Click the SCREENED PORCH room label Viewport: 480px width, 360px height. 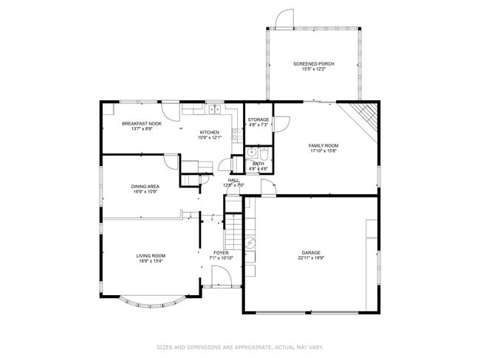313,64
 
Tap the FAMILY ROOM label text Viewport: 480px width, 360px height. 322,145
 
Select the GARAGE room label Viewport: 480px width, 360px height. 310,252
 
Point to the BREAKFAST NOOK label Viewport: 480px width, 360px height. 142,123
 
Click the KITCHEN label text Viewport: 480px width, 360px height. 209,132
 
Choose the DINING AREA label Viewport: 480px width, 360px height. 145,187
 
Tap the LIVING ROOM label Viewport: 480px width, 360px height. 150,255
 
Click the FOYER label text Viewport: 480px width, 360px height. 222,252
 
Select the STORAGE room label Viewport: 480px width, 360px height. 258,120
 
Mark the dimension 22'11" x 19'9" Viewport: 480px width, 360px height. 310,258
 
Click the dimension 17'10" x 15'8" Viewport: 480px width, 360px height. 322,151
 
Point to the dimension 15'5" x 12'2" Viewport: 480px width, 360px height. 313,70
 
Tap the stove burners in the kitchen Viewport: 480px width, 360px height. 236,135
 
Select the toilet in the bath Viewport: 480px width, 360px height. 263,153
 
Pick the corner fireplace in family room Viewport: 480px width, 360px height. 364,115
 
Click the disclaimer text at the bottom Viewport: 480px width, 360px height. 239,345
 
